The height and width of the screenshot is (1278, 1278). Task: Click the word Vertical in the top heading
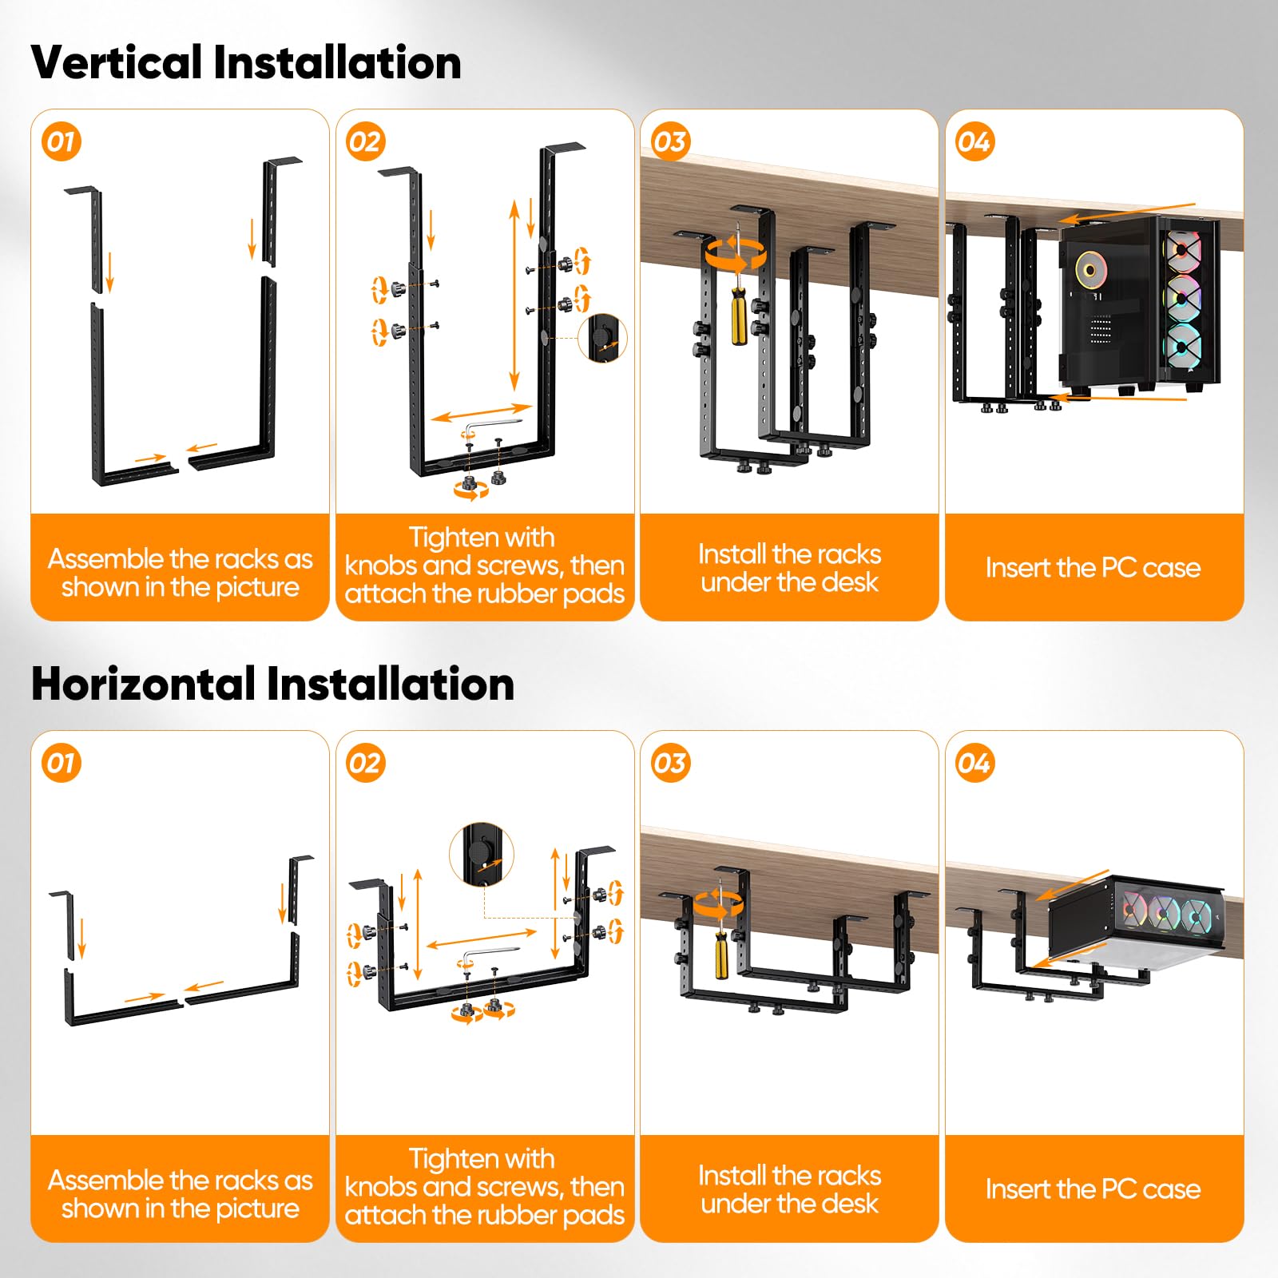pos(117,62)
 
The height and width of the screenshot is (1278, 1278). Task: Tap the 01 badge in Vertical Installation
pos(62,141)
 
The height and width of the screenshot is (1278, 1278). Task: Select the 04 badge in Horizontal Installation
pos(974,763)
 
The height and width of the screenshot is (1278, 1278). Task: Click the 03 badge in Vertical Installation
pos(670,141)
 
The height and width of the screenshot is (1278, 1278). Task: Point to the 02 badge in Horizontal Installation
pos(366,763)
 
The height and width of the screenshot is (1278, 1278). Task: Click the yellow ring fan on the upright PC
pos(1088,269)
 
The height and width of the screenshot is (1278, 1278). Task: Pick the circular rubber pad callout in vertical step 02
pos(607,337)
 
